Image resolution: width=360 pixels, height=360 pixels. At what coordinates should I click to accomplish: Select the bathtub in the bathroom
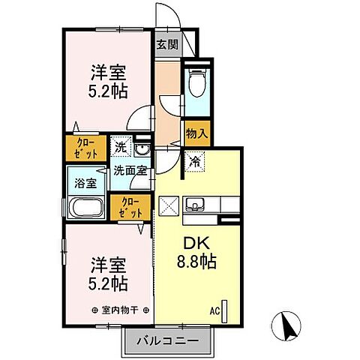[x=85, y=208]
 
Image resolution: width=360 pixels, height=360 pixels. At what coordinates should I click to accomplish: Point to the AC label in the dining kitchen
[x=214, y=309]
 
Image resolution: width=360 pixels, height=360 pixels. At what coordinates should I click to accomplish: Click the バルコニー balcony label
[x=167, y=341]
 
